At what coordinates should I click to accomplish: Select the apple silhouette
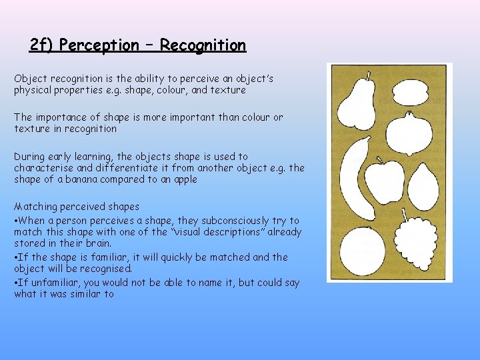tap(385, 180)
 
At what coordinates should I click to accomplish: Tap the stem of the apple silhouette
tap(381, 160)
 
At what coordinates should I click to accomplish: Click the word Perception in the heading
tap(99, 45)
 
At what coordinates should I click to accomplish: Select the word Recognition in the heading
tap(203, 45)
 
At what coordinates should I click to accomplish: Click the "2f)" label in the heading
tap(41, 45)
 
